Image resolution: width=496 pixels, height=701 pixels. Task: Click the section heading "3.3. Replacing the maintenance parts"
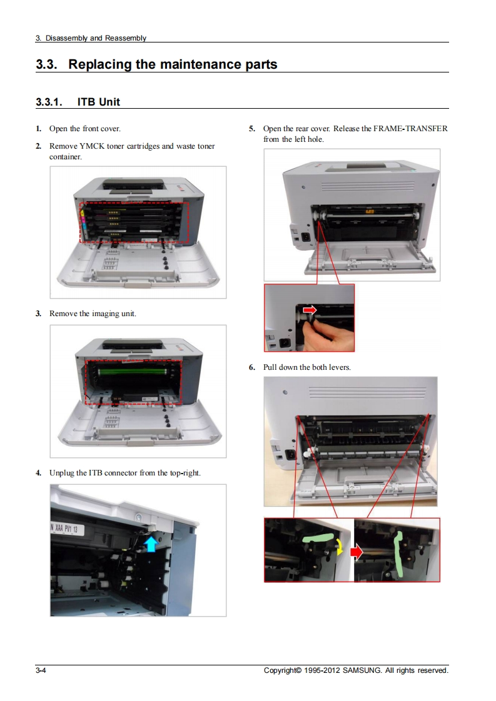(x=156, y=64)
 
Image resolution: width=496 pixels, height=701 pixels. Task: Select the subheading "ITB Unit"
(x=98, y=101)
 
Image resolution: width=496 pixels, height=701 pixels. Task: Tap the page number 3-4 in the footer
(x=42, y=670)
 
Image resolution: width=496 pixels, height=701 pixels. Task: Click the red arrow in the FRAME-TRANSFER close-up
(x=310, y=310)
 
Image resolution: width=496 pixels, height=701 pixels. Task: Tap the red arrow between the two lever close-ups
(x=357, y=552)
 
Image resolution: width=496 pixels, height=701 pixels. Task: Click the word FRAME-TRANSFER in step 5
(x=410, y=129)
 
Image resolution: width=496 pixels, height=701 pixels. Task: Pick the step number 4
(x=39, y=473)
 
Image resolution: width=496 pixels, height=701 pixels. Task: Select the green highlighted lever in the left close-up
(x=317, y=538)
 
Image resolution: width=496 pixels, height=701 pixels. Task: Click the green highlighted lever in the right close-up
(x=399, y=553)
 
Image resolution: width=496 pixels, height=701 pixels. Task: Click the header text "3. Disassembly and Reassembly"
(x=91, y=38)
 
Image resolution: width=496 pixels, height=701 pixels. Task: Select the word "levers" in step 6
(x=338, y=367)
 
